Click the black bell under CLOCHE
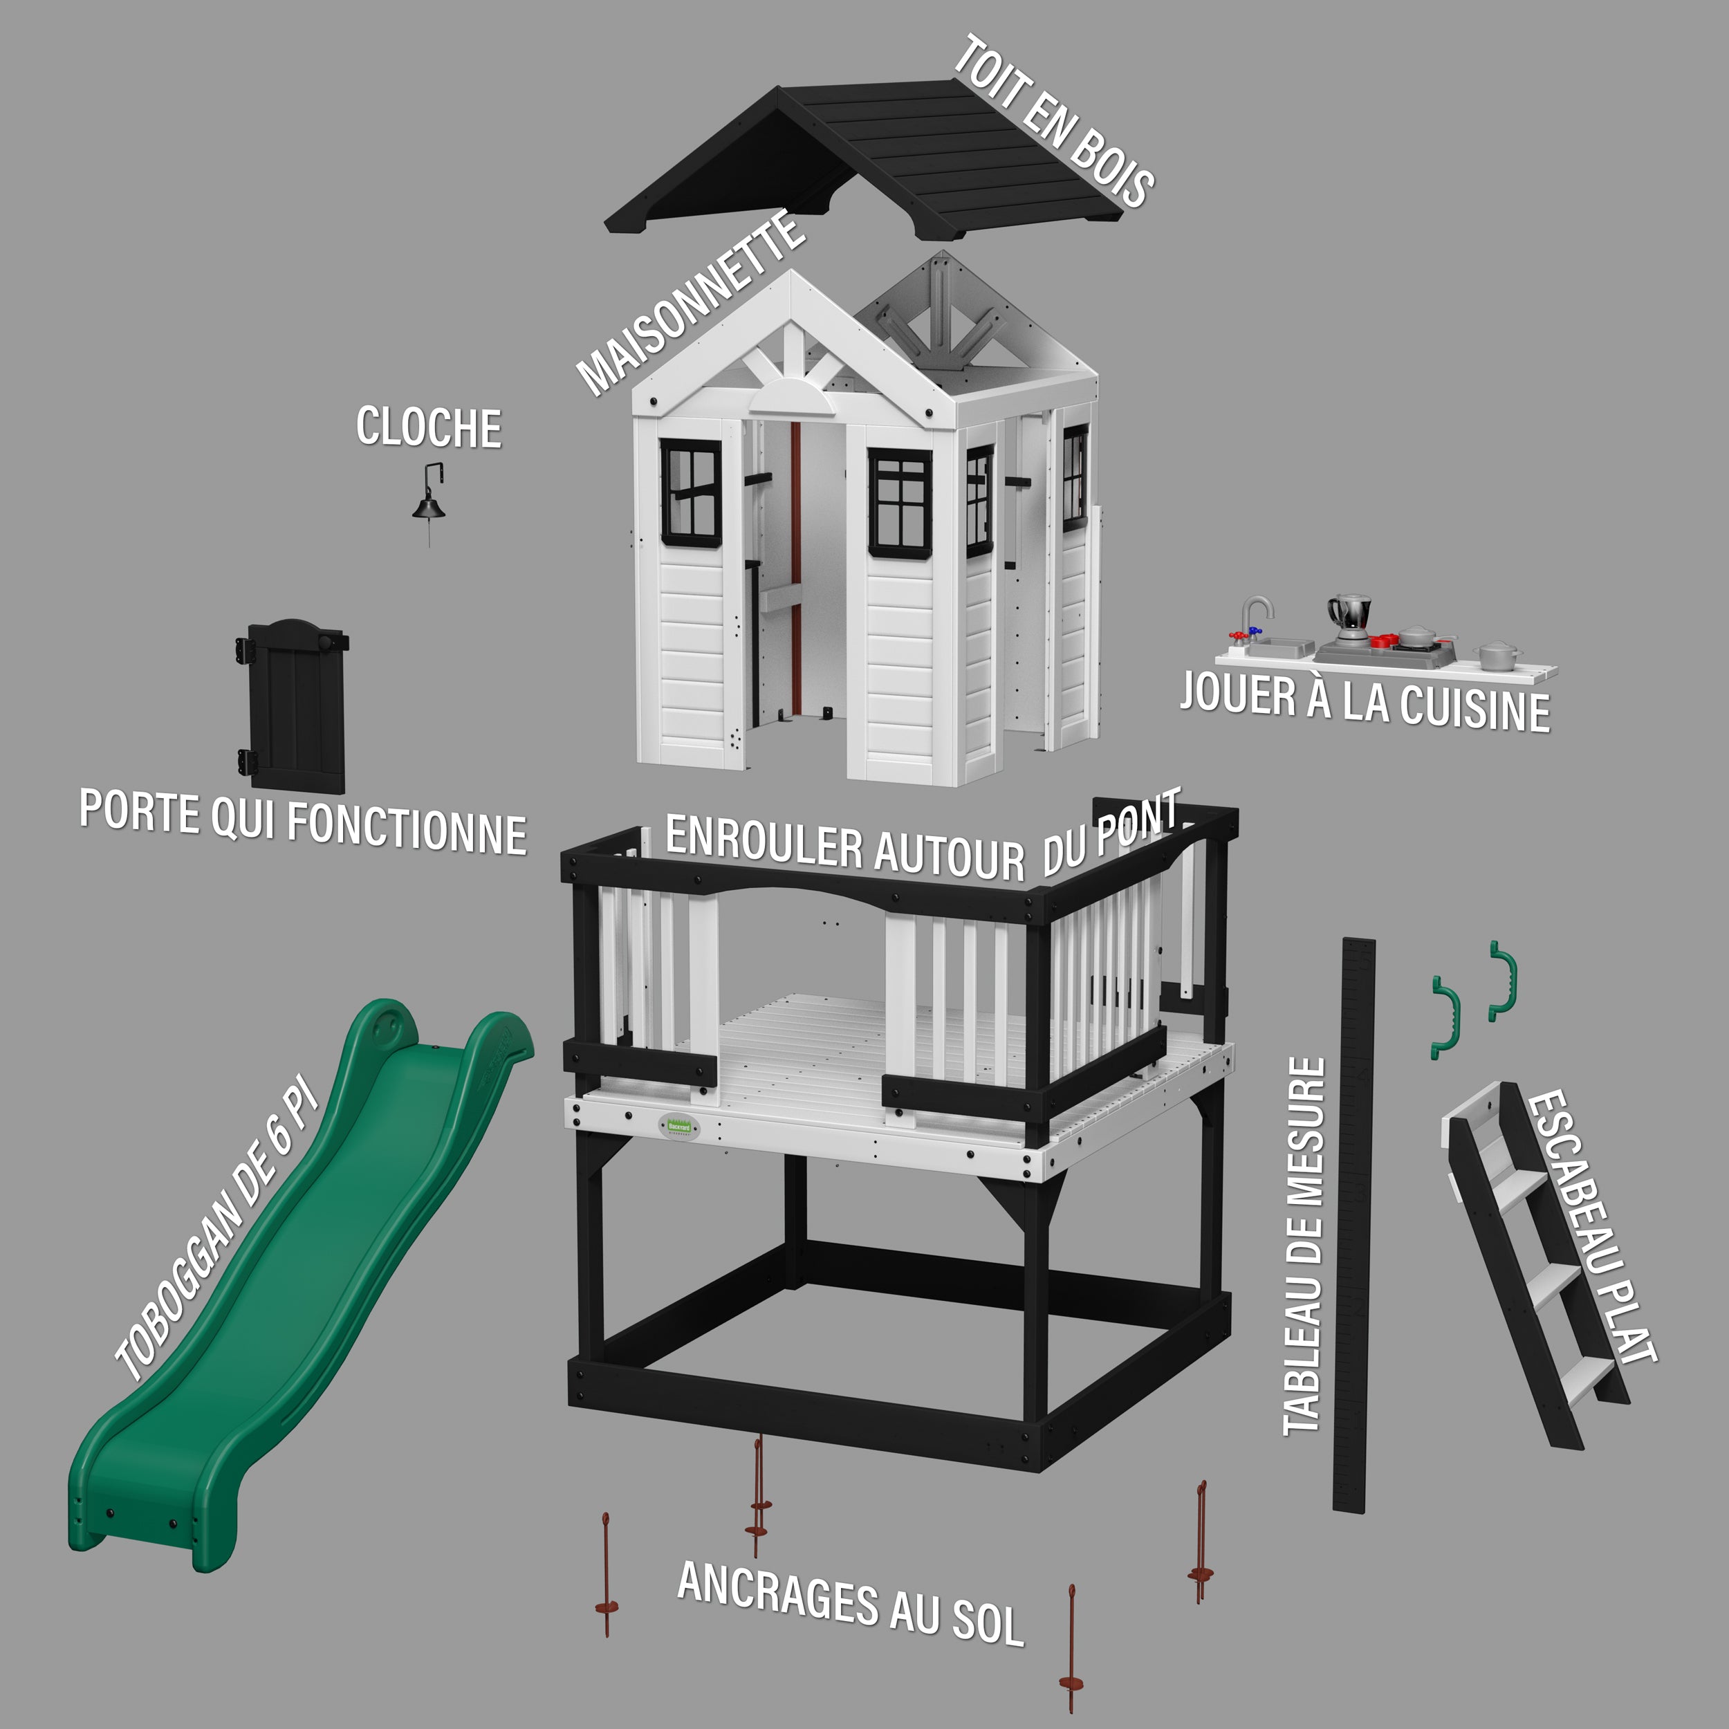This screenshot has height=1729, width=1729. coord(429,506)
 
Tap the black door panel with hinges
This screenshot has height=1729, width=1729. coord(293,706)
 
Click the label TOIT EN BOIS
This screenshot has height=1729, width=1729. coord(1053,122)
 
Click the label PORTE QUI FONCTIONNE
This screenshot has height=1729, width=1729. coord(302,822)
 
